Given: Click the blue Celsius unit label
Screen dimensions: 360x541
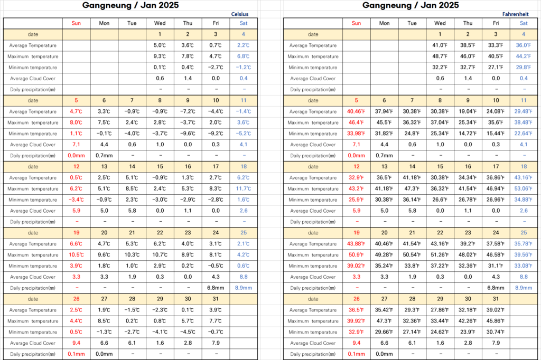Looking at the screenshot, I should pyautogui.click(x=240, y=14).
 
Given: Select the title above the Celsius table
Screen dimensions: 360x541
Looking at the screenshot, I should pyautogui.click(x=130, y=5).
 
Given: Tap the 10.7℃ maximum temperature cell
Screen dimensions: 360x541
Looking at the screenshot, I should pyautogui.click(x=160, y=255).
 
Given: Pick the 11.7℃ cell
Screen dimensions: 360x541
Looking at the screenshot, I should pyautogui.click(x=244, y=189).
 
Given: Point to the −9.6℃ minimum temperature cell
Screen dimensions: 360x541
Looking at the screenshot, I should pyautogui.click(x=188, y=134).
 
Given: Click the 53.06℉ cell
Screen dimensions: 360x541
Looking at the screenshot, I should pyautogui.click(x=524, y=189).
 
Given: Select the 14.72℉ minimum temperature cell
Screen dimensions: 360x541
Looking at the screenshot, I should pyautogui.click(x=468, y=134).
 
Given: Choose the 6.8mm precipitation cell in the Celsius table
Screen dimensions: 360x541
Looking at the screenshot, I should pyautogui.click(x=216, y=288).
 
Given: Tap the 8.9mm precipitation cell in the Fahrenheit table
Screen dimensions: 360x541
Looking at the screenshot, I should pyautogui.click(x=524, y=288).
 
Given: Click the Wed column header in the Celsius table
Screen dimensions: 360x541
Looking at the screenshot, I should pyautogui.click(x=160, y=23).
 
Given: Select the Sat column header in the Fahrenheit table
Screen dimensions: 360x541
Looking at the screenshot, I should pyautogui.click(x=524, y=23).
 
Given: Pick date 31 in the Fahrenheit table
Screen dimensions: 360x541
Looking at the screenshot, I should pyautogui.click(x=496, y=299).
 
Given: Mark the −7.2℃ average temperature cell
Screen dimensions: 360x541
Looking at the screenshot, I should pyautogui.click(x=188, y=111).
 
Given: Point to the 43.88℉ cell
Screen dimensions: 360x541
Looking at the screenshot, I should pyautogui.click(x=356, y=244).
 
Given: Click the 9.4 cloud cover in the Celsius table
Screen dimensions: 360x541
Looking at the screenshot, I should pyautogui.click(x=76, y=343).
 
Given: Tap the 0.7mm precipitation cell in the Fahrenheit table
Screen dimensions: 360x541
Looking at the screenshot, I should pyautogui.click(x=384, y=156).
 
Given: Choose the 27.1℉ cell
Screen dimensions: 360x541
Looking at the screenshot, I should pyautogui.click(x=496, y=68).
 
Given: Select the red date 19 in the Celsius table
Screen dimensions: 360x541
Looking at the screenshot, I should pyautogui.click(x=76, y=233).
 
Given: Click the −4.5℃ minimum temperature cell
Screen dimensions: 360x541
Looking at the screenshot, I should pyautogui.click(x=188, y=332).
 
